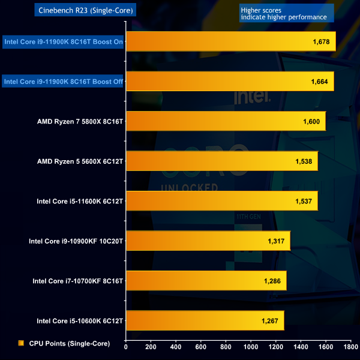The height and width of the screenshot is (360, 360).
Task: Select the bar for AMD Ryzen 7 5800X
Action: click(226, 121)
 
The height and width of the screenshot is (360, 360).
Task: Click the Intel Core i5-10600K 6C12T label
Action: click(80, 320)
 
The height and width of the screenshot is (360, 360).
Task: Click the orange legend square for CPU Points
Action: click(21, 343)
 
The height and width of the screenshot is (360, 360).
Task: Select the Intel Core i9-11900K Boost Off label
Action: click(63, 81)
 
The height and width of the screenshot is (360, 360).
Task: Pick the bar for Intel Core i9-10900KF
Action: click(208, 241)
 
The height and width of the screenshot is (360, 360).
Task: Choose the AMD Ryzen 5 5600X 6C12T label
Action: click(80, 161)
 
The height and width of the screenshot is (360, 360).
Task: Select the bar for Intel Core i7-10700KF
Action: click(206, 280)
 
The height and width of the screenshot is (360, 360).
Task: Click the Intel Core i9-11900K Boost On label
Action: click(64, 41)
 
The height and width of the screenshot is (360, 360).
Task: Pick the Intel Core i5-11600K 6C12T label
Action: click(80, 200)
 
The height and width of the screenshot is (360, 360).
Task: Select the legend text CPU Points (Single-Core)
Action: click(67, 343)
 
